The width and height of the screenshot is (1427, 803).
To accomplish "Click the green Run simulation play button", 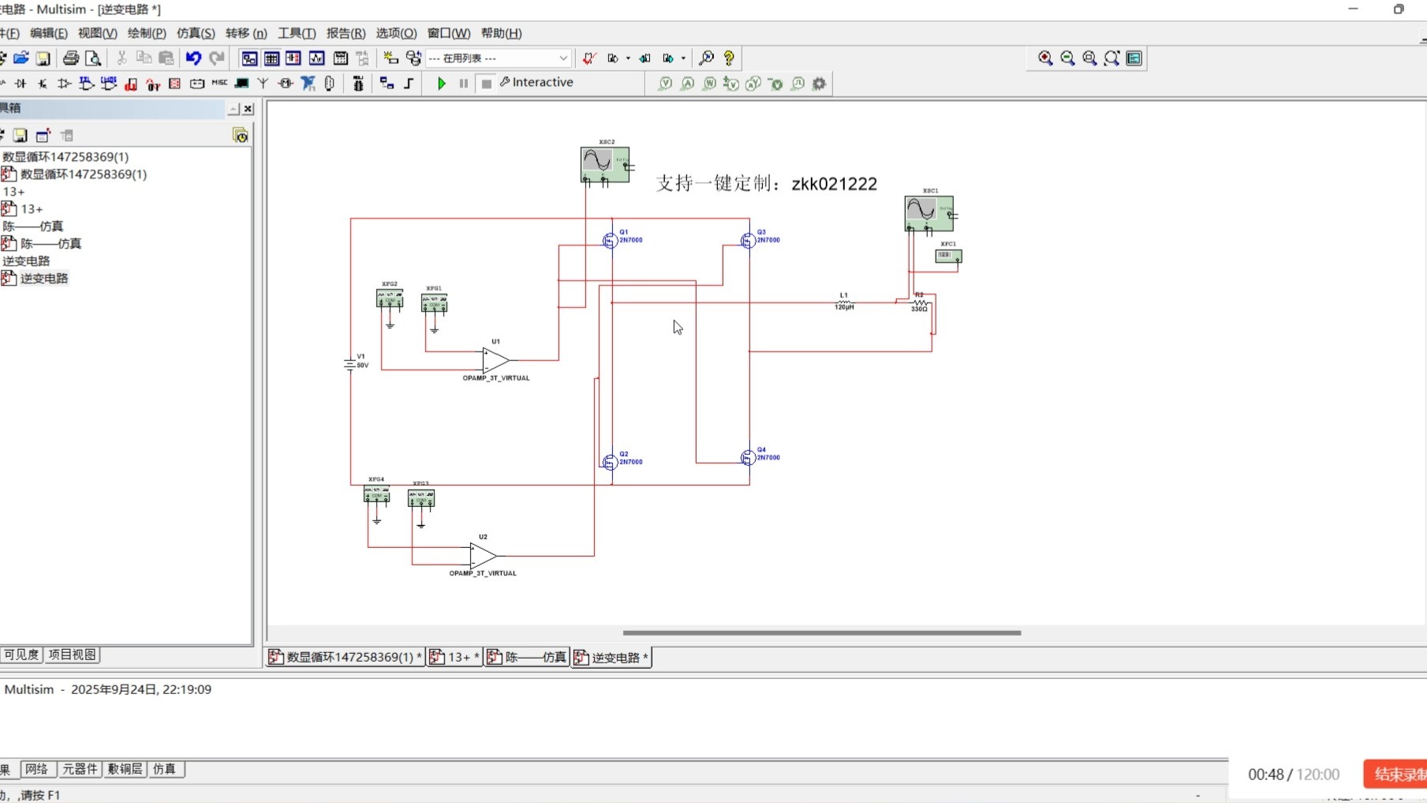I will [x=442, y=83].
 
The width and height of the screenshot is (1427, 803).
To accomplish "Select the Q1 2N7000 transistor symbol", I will [x=610, y=241].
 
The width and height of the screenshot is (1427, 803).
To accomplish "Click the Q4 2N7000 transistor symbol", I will [x=748, y=458].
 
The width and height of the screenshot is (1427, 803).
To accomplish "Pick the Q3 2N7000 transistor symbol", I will [x=748, y=240].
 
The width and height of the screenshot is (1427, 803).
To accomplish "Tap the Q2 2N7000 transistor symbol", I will [x=610, y=463].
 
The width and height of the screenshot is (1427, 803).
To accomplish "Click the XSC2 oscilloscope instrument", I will [x=604, y=164].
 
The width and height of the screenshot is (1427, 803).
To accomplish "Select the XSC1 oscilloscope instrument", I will [x=928, y=213].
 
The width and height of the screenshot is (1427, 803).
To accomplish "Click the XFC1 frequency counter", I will [x=948, y=255].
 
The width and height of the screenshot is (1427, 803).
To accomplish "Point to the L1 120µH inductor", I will [x=844, y=302].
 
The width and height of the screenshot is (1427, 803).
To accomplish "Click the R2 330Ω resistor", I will [x=920, y=302].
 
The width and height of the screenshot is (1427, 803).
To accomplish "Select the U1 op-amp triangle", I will [x=495, y=360].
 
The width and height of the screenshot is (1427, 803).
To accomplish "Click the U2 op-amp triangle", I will [x=482, y=556].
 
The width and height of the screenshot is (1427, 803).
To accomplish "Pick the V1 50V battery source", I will [x=349, y=364].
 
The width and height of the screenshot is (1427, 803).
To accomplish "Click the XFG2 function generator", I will [x=390, y=298].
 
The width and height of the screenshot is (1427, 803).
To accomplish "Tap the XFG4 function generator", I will [x=376, y=494].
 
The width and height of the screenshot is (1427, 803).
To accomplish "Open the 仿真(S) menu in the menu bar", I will [x=196, y=33].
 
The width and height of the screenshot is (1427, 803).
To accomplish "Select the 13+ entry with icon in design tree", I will [x=32, y=209].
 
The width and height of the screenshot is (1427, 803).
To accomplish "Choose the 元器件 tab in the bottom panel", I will [x=80, y=769].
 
